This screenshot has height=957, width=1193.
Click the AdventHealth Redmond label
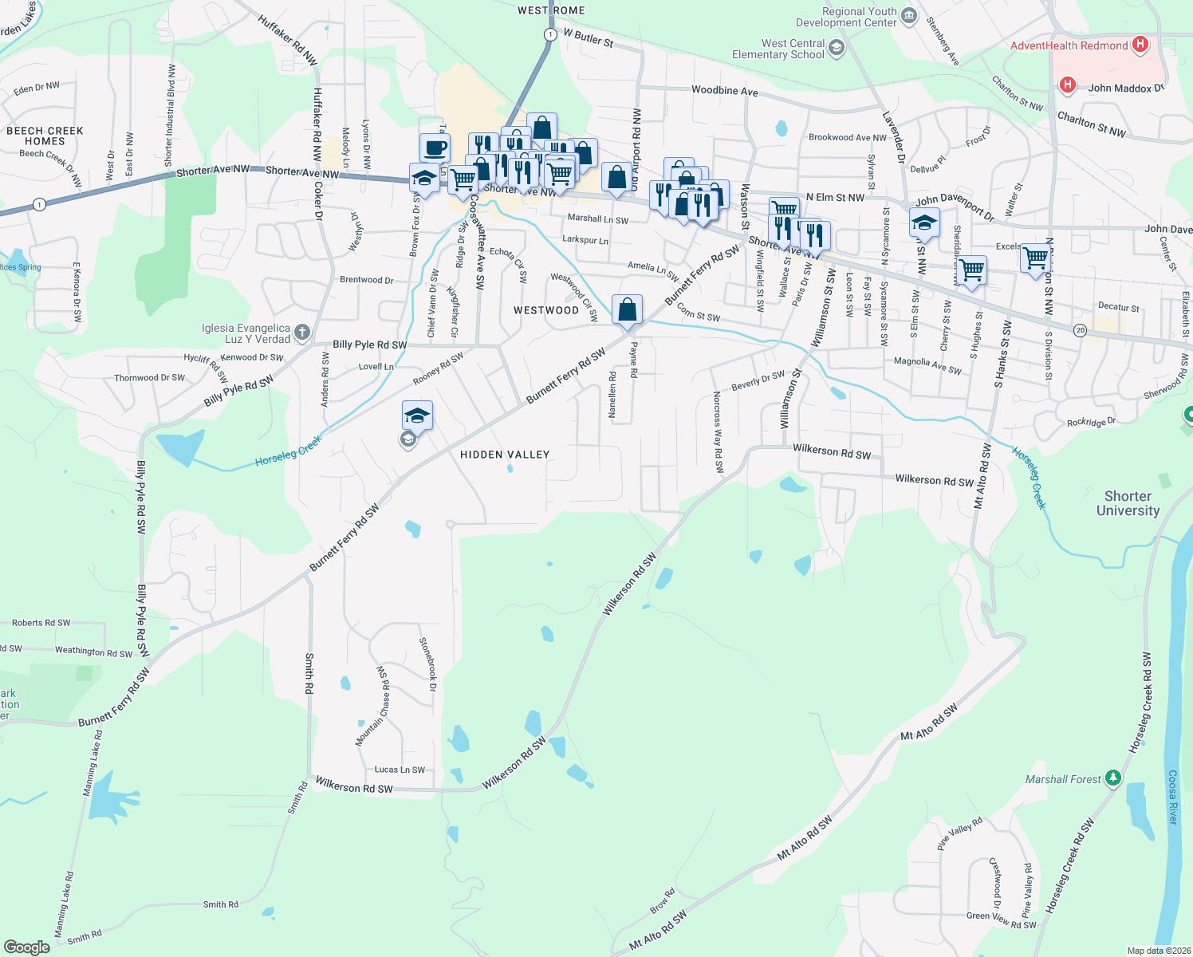coord(1069,45)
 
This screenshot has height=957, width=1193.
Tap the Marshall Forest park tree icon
coord(1113,778)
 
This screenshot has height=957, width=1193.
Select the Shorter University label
coord(1128,503)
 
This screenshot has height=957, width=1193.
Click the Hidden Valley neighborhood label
coord(505,455)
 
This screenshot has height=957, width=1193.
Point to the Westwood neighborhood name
coord(546,310)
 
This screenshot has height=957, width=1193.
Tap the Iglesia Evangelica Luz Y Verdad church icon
coord(301,332)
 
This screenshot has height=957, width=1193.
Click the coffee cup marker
coord(435,148)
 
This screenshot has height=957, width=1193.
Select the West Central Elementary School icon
coord(836,49)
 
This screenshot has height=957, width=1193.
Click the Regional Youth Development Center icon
coord(908,14)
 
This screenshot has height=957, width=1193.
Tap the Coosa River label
coord(1172,797)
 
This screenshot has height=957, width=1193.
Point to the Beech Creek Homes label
coord(45,136)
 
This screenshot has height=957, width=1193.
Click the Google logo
coord(26,947)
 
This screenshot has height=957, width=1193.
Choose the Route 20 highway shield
coord(1079,330)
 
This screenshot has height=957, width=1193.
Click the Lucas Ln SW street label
coord(400,770)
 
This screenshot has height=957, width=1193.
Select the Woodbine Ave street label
coord(724,91)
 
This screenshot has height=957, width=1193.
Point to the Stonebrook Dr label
coord(428,664)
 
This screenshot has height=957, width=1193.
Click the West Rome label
coord(551,10)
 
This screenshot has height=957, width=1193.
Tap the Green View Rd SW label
coord(1001,920)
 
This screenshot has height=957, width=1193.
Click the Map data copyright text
coord(1159,950)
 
